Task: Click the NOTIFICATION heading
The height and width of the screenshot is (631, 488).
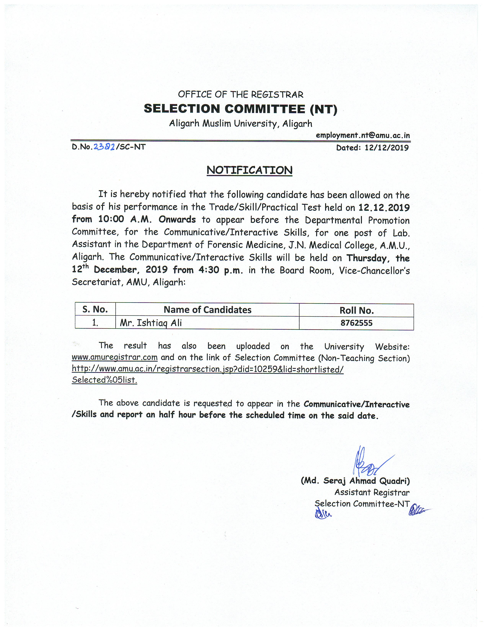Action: click(249, 170)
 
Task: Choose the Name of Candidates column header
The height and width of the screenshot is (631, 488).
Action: click(207, 310)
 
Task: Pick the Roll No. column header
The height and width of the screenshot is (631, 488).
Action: click(357, 311)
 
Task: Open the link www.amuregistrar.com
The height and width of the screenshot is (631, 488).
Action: click(114, 357)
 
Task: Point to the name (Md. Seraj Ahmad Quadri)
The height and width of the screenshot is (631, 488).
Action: click(355, 481)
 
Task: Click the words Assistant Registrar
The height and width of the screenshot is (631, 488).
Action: click(372, 492)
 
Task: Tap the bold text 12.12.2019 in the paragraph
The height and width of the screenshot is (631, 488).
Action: click(384, 207)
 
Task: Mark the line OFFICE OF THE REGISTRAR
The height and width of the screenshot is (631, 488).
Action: click(241, 94)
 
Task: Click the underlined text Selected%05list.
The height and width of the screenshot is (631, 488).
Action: click(104, 380)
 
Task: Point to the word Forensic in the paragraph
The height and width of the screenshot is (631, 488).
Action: click(224, 245)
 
